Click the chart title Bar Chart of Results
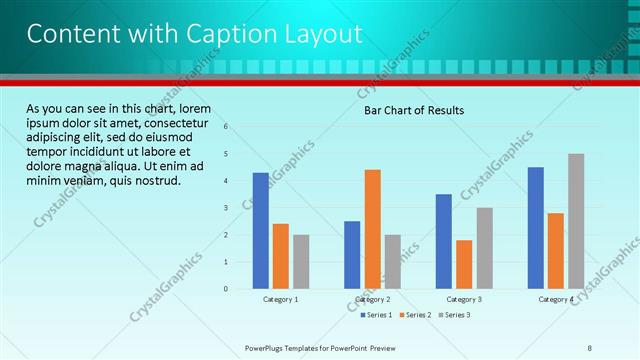pos(413,110)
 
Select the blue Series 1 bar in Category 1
pos(260,230)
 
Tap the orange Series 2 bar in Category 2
pos(372,228)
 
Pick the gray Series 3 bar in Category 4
pos(576,221)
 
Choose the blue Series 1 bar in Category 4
pos(535,227)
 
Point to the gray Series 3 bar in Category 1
pos(301,261)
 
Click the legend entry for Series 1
pos(378,315)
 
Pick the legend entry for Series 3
pos(456,315)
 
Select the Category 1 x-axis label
pos(280,299)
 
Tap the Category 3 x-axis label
pos(464,299)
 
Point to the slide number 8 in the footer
pos(590,348)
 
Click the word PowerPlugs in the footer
pos(268,348)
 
